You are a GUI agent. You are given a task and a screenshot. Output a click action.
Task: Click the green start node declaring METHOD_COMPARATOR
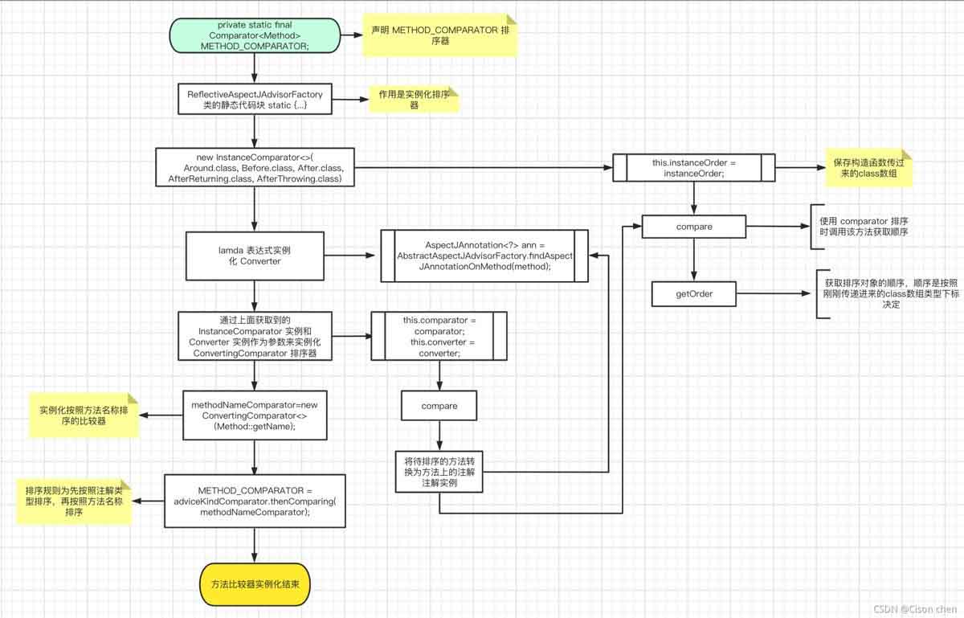tap(253, 36)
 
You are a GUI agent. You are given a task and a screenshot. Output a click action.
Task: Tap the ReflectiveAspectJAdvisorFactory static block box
tap(254, 100)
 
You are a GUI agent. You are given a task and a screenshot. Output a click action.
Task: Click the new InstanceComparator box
tap(255, 168)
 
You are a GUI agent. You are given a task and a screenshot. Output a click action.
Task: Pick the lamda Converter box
tap(254, 256)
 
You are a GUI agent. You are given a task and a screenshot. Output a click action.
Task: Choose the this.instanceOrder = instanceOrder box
tap(693, 168)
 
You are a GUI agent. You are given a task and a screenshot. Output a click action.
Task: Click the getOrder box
tap(693, 294)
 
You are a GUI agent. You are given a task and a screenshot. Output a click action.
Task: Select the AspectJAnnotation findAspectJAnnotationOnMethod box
tap(484, 256)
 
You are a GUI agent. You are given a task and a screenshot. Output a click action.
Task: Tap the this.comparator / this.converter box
tap(439, 337)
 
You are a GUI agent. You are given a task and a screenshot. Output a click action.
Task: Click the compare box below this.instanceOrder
tap(693, 227)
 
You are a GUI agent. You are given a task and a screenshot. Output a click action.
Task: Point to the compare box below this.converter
tap(439, 406)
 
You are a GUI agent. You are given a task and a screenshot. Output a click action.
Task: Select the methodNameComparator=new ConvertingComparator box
tap(255, 415)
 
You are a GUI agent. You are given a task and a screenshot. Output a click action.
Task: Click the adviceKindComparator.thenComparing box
tap(255, 501)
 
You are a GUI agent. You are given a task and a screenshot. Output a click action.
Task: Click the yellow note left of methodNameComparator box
tap(84, 415)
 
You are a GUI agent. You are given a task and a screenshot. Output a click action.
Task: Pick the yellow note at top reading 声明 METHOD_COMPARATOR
tap(438, 35)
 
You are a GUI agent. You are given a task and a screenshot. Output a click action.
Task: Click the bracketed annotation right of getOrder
tap(888, 294)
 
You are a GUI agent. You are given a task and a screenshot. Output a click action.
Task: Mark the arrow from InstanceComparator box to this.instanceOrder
tap(482, 168)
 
